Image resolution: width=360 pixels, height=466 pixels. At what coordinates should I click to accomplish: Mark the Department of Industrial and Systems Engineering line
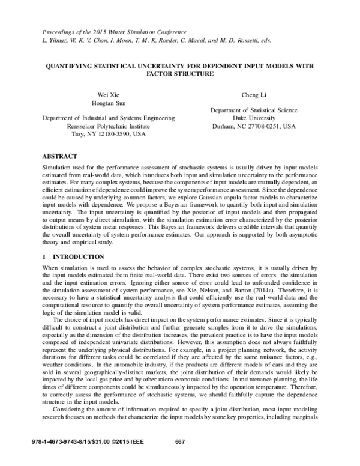(x=109, y=119)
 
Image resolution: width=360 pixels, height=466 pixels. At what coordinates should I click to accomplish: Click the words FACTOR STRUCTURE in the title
(x=179, y=74)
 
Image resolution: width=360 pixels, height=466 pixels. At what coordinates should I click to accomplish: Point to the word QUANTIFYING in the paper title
(x=73, y=65)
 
